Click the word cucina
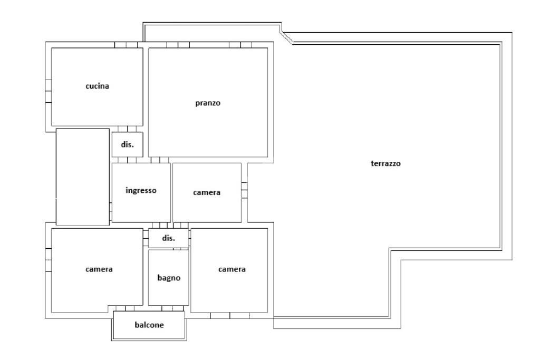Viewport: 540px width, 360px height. point(98,86)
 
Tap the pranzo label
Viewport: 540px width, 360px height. point(208,103)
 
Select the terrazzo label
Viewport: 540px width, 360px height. point(386,163)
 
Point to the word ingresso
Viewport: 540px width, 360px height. point(141,190)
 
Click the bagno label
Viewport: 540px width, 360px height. point(169,277)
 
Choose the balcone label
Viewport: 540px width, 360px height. point(149,325)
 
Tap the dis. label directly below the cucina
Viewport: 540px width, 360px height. point(127,144)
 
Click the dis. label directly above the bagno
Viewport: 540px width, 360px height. point(168,238)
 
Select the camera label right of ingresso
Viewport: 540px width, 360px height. point(207,192)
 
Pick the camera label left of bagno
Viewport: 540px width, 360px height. point(99,269)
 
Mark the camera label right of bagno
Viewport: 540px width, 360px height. point(232,269)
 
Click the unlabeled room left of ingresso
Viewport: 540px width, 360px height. point(82,177)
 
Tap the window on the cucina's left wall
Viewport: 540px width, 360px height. point(48,91)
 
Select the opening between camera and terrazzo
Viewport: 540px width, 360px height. point(244,190)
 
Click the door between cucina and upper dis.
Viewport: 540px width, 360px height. point(127,129)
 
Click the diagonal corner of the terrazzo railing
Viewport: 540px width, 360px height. point(286,37)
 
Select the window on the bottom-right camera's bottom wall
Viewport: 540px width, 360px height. point(230,316)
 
